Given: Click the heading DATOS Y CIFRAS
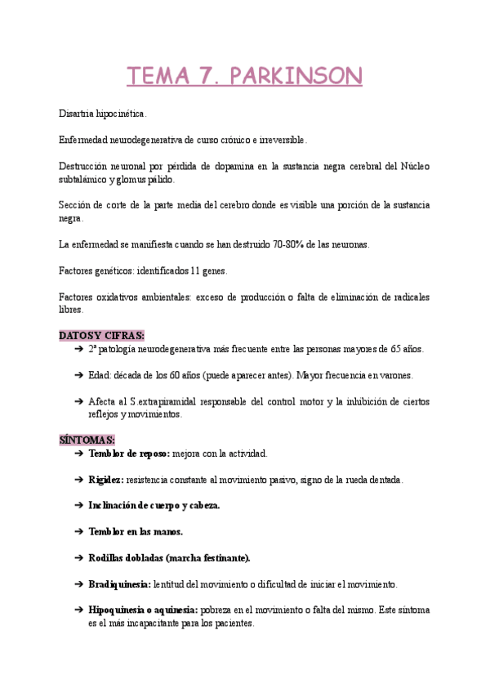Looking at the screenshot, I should [101, 335].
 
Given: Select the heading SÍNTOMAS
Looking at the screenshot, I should [87, 440].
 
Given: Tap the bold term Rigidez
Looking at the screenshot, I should [106, 480].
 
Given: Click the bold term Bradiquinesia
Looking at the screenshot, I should [119, 584].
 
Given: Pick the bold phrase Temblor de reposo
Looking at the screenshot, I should [129, 454].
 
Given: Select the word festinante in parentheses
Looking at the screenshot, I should [223, 558].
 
